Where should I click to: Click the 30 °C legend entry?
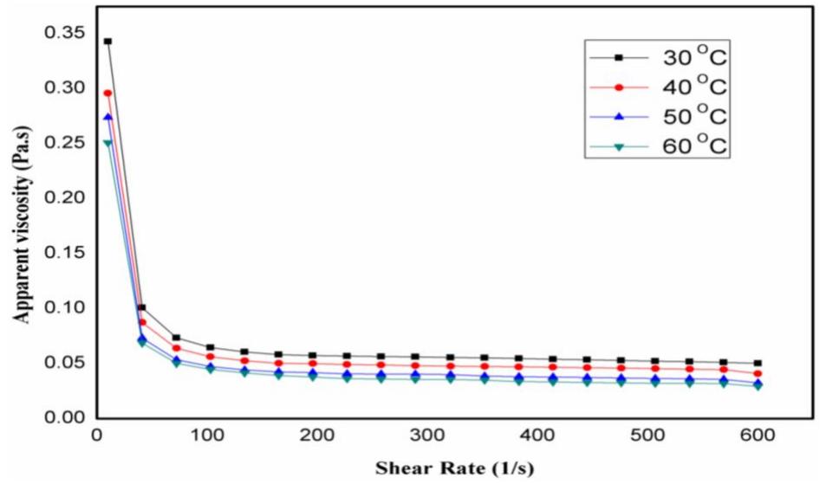(x=659, y=58)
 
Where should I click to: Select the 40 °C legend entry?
(x=659, y=87)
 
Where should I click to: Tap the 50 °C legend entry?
(x=659, y=117)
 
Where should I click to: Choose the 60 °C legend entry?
(x=659, y=146)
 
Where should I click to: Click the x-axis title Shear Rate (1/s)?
(x=454, y=468)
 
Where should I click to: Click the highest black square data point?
(x=107, y=42)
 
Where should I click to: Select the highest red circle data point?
(x=107, y=94)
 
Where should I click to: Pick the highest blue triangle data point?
(x=107, y=117)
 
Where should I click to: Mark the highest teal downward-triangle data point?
(x=107, y=144)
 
